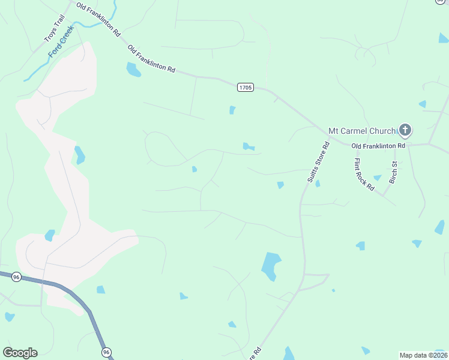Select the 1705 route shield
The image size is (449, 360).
(245, 88)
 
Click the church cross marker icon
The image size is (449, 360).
(405, 130)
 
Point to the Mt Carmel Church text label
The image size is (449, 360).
(362, 131)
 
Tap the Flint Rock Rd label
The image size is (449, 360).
(364, 174)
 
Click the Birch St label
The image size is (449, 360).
(394, 172)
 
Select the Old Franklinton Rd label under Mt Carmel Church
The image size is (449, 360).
(378, 146)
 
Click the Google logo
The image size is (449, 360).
(20, 353)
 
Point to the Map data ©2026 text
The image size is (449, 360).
(423, 355)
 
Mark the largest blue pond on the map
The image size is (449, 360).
(271, 265)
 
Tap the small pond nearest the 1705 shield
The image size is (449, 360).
(232, 110)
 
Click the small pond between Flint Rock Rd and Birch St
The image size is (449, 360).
(377, 178)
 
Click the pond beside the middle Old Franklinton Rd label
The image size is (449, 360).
(133, 70)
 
